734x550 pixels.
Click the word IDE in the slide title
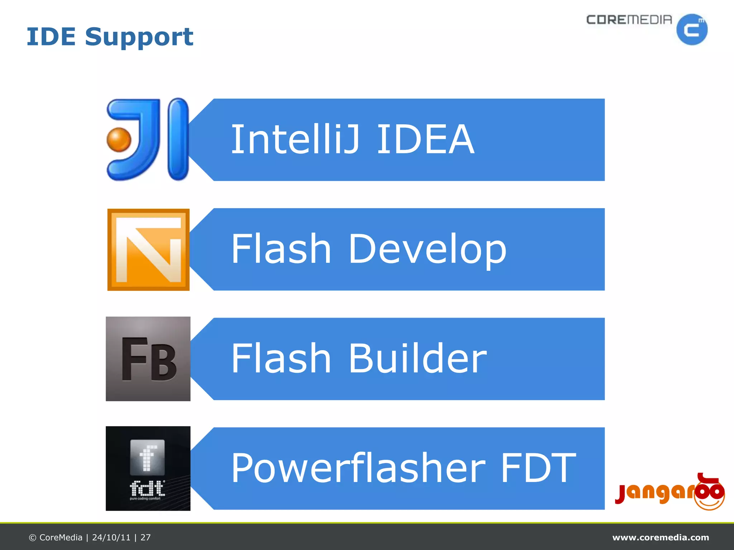pos(51,37)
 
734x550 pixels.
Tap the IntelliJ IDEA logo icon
pos(148,139)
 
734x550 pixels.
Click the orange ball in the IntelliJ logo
pos(119,140)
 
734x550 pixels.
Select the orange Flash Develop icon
pos(148,250)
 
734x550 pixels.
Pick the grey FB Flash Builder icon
pos(148,359)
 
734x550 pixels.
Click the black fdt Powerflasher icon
pos(148,468)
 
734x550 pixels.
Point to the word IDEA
pos(425,139)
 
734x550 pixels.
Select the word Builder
pos(418,358)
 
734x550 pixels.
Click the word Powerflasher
pos(358,468)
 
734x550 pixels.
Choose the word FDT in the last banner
pos(538,468)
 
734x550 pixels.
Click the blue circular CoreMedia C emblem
pos(692,30)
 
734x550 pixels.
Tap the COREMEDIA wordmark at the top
pos(629,20)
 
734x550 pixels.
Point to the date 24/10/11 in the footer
pos(111,537)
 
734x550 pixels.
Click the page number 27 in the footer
pos(146,537)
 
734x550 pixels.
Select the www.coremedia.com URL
pos(661,537)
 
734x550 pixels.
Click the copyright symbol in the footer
pos(33,538)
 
